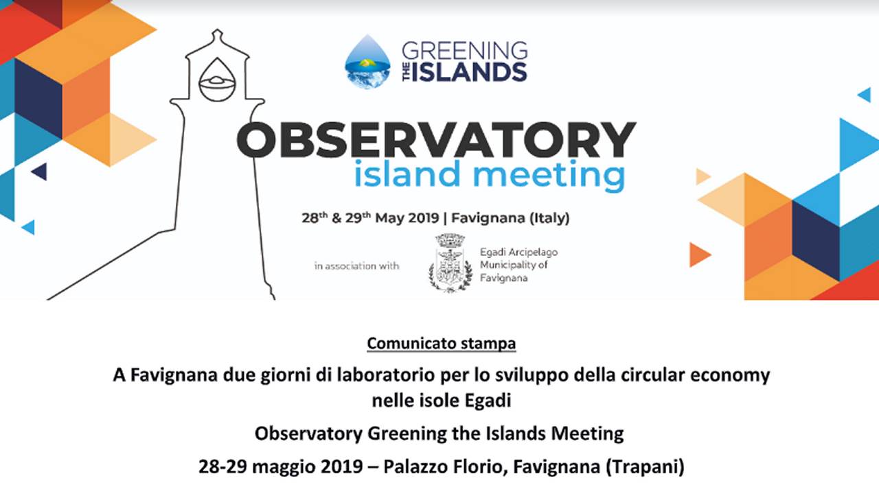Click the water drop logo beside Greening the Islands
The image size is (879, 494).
pyautogui.click(x=367, y=62)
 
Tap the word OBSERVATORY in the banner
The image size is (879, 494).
pyautogui.click(x=436, y=140)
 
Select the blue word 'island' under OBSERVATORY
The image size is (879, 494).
pyautogui.click(x=407, y=174)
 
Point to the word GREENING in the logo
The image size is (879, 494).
pyautogui.click(x=465, y=51)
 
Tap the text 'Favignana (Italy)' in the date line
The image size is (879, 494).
pyautogui.click(x=510, y=218)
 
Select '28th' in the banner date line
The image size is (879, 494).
pyautogui.click(x=315, y=217)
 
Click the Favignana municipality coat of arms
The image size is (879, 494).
pyautogui.click(x=450, y=263)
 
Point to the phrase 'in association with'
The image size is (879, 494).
pyautogui.click(x=356, y=266)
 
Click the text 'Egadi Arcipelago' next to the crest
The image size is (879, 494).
pyautogui.click(x=518, y=252)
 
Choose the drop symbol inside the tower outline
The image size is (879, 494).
pyautogui.click(x=218, y=80)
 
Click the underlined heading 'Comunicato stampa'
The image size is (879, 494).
pyautogui.click(x=442, y=344)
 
